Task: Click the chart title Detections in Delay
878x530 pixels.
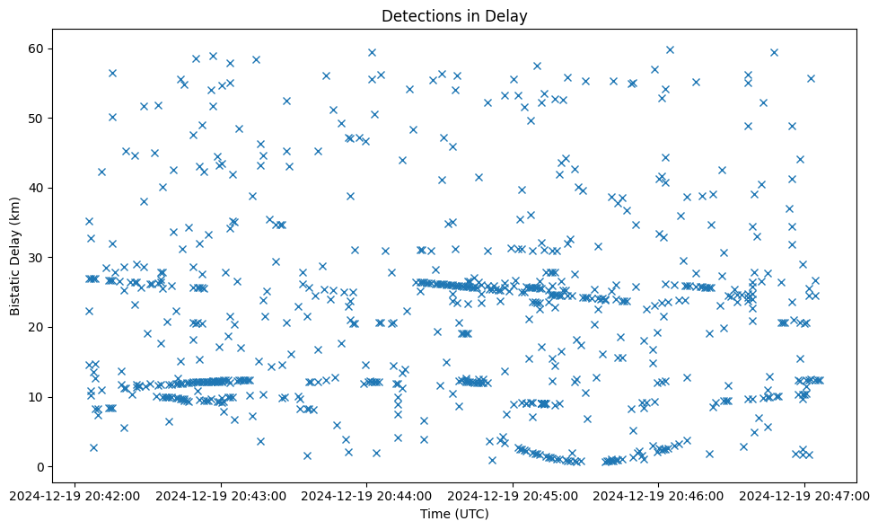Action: point(454,15)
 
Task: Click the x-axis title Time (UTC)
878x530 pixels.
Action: point(454,514)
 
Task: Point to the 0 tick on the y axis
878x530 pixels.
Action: point(40,467)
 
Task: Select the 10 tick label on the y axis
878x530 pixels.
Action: point(37,397)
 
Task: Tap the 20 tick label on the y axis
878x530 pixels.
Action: point(37,327)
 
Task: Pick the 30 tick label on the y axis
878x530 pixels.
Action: point(37,258)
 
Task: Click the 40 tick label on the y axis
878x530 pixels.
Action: point(37,188)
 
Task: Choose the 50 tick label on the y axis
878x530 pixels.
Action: point(37,118)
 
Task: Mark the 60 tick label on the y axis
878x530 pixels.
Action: point(37,49)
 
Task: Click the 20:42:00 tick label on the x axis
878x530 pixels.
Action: point(76,495)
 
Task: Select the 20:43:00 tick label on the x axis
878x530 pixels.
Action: point(222,495)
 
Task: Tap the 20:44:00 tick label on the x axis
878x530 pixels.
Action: point(367,495)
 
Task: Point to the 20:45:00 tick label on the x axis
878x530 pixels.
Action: point(513,495)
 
